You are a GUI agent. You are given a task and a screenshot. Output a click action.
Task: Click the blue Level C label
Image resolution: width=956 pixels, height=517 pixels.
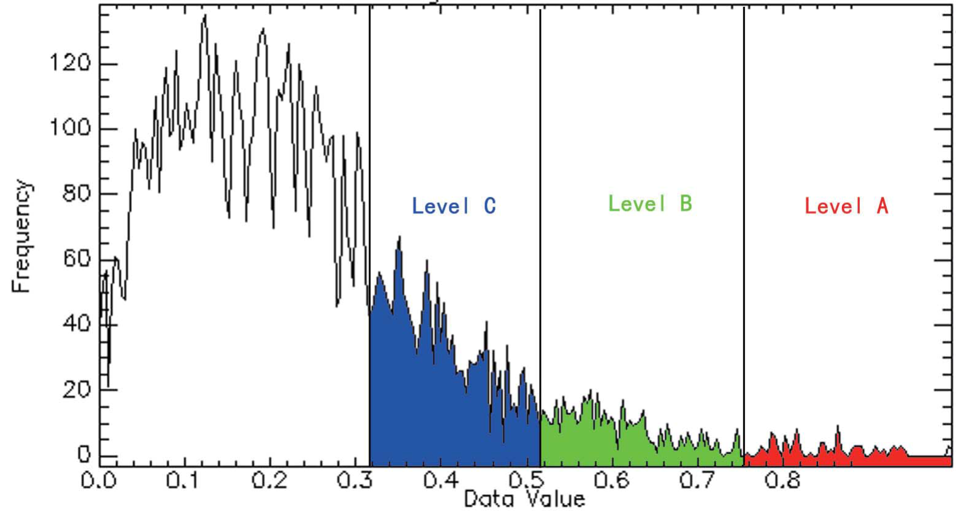454,206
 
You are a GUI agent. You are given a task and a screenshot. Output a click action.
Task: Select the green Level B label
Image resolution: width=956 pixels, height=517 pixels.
650,204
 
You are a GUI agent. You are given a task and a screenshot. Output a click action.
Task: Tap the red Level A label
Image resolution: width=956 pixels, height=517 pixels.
846,206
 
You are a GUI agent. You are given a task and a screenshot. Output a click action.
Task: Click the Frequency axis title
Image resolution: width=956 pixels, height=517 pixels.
21,236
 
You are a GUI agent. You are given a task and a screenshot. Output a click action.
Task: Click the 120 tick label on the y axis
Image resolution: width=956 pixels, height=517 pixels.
71,64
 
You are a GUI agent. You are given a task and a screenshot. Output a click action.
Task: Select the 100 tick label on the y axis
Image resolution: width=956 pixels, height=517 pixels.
71,129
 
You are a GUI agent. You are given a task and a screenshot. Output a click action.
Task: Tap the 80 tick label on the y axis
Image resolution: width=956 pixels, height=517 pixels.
77,194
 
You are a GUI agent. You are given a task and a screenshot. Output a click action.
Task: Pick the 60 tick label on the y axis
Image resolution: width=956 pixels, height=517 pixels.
77,259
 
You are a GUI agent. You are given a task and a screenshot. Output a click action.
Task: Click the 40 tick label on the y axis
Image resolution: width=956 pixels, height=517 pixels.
77,324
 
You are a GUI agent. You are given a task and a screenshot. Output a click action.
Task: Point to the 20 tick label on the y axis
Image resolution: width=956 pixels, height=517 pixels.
77,389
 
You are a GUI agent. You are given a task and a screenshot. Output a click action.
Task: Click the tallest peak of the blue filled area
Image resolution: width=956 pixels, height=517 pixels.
399,238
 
